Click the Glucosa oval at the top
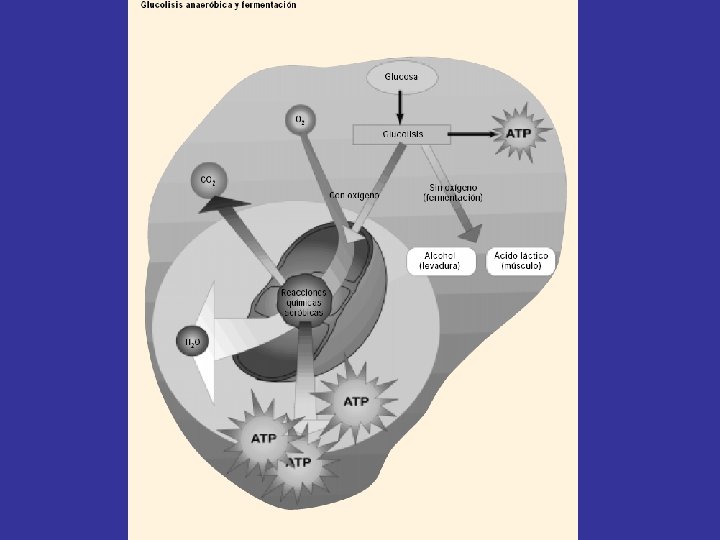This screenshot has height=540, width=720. [x=402, y=77]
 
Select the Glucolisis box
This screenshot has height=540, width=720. [x=402, y=133]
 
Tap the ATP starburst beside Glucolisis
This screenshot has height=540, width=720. [x=518, y=133]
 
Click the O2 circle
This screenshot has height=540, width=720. [x=299, y=120]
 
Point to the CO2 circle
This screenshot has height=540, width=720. [x=208, y=181]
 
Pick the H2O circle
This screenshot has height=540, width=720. [x=192, y=341]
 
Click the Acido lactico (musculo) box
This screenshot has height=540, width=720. [x=521, y=261]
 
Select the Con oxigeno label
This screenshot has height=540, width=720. [x=354, y=195]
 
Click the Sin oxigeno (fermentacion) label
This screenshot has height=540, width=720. [x=452, y=192]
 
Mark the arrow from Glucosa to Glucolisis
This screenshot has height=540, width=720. [x=402, y=106]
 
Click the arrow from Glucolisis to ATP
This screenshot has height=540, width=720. [x=470, y=133]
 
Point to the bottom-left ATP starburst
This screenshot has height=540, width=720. [x=264, y=438]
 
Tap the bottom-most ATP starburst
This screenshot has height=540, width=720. [x=299, y=463]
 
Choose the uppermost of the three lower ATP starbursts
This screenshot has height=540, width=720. [x=356, y=401]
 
